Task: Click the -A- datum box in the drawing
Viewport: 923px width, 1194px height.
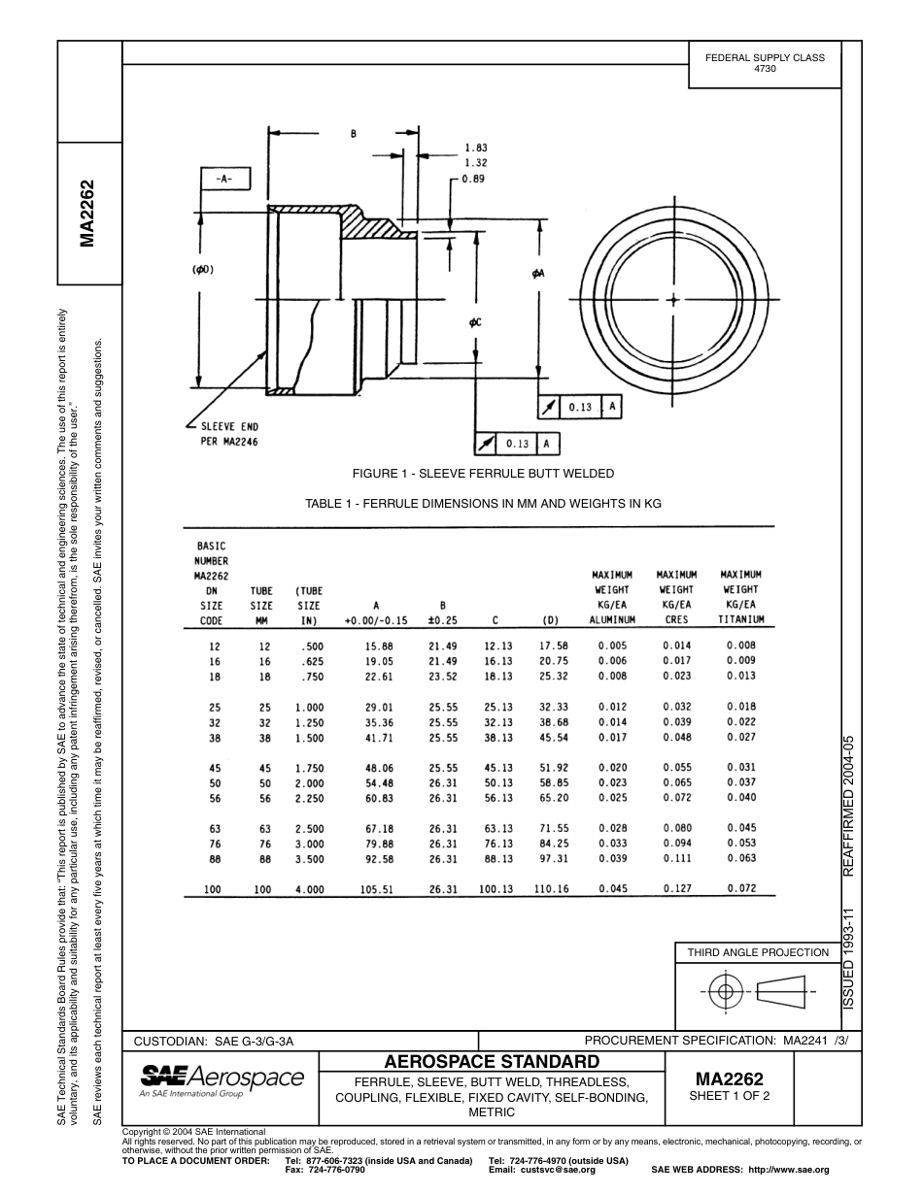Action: click(x=224, y=180)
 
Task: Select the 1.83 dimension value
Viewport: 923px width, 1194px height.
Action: click(x=475, y=148)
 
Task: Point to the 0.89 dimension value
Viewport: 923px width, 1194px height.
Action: click(x=473, y=179)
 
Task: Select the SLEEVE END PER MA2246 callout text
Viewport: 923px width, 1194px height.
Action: click(x=229, y=434)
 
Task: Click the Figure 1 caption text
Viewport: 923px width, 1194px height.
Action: click(x=483, y=473)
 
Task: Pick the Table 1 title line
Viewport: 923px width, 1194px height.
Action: click(x=483, y=504)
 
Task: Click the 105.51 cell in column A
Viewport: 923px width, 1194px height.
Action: click(x=376, y=888)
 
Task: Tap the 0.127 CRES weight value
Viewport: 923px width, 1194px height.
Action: click(x=676, y=888)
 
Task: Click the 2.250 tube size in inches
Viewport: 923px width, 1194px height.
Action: click(x=309, y=798)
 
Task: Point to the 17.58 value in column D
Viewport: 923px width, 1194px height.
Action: click(x=552, y=646)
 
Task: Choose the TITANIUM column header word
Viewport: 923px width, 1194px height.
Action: click(x=740, y=619)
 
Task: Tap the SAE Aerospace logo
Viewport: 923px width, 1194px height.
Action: click(x=222, y=1079)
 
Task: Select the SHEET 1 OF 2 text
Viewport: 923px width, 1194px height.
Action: click(x=729, y=1096)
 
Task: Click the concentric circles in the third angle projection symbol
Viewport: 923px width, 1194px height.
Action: click(x=723, y=991)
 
